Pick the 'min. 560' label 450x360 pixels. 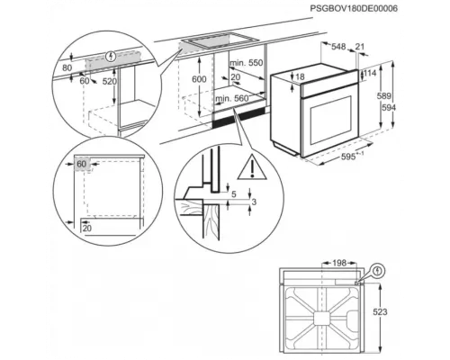[x=232, y=98]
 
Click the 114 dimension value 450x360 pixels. [x=370, y=73]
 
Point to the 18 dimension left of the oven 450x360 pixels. [x=300, y=77]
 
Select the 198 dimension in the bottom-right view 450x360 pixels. [x=339, y=263]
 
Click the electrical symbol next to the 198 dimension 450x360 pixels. [x=376, y=268]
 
